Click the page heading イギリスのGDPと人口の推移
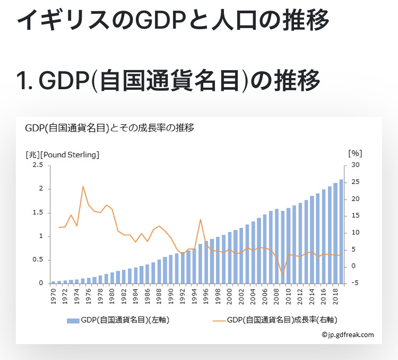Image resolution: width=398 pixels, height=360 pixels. pyautogui.click(x=173, y=20)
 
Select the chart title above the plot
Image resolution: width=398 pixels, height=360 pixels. pyautogui.click(x=109, y=128)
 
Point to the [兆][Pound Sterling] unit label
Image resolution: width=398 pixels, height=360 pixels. pyautogui.click(x=62, y=155)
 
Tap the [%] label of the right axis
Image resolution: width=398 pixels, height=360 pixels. pyautogui.click(x=354, y=153)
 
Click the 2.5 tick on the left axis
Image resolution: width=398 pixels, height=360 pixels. pyautogui.click(x=38, y=166)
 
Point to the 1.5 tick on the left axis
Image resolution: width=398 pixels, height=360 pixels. pyautogui.click(x=38, y=212)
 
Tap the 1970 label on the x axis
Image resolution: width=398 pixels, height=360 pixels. pyautogui.click(x=54, y=296)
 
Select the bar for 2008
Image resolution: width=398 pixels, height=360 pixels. pyautogui.click(x=276, y=246)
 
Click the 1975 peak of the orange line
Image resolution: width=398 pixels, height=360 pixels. pyautogui.click(x=83, y=187)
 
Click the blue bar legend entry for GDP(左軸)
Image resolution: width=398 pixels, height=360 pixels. pyautogui.click(x=117, y=320)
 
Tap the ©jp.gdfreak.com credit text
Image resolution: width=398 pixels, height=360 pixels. pyautogui.click(x=348, y=335)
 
